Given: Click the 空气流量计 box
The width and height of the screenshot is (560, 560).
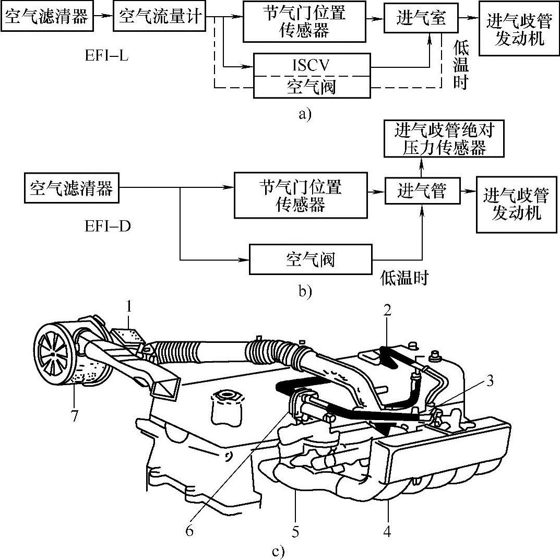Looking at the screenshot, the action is coord(159,17).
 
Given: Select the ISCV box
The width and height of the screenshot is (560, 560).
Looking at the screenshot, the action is coord(312,65).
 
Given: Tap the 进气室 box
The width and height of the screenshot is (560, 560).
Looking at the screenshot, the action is coord(421,18).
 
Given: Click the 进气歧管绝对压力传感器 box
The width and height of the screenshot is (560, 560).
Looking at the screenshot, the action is coord(444,139).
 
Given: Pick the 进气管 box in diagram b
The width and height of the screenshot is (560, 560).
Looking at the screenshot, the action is coord(422,192).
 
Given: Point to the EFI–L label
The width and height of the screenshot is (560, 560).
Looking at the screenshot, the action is coord(106,56).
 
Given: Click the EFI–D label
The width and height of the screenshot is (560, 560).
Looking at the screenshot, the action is coord(108,226).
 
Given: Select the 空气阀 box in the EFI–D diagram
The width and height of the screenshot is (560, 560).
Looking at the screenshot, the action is coord(311,259).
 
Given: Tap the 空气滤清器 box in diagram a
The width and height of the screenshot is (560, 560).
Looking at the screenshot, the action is coord(47,17).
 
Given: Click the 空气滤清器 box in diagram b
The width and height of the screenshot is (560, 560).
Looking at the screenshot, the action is coord(72,188).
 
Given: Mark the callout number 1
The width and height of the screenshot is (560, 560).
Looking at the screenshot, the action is coord(129,307).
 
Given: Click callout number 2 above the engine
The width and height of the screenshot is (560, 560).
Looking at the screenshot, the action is coord(387,311).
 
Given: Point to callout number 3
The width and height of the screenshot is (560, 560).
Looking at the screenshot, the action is coord(490,380).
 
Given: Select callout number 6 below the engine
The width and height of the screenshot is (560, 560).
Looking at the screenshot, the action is coord(189,531).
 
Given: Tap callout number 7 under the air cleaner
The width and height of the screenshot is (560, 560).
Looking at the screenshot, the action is coord(74,416).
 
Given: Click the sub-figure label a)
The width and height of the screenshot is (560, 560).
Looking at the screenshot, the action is coord(305,114).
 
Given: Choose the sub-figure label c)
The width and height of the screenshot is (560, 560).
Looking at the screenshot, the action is coord(279,552).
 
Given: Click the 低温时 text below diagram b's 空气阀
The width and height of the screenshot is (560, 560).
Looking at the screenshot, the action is coord(404,278).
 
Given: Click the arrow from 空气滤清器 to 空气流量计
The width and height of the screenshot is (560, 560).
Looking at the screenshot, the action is coord(103,17).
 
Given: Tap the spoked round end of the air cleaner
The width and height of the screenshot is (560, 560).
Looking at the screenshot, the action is coord(54,352).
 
